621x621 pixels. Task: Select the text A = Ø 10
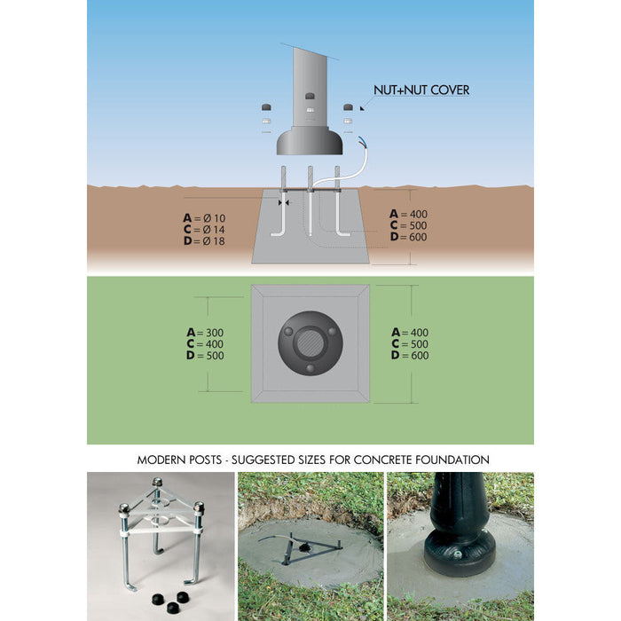205,218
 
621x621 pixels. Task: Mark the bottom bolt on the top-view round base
310,368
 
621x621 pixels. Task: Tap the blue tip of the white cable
360,140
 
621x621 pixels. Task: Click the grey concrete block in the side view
310,244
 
